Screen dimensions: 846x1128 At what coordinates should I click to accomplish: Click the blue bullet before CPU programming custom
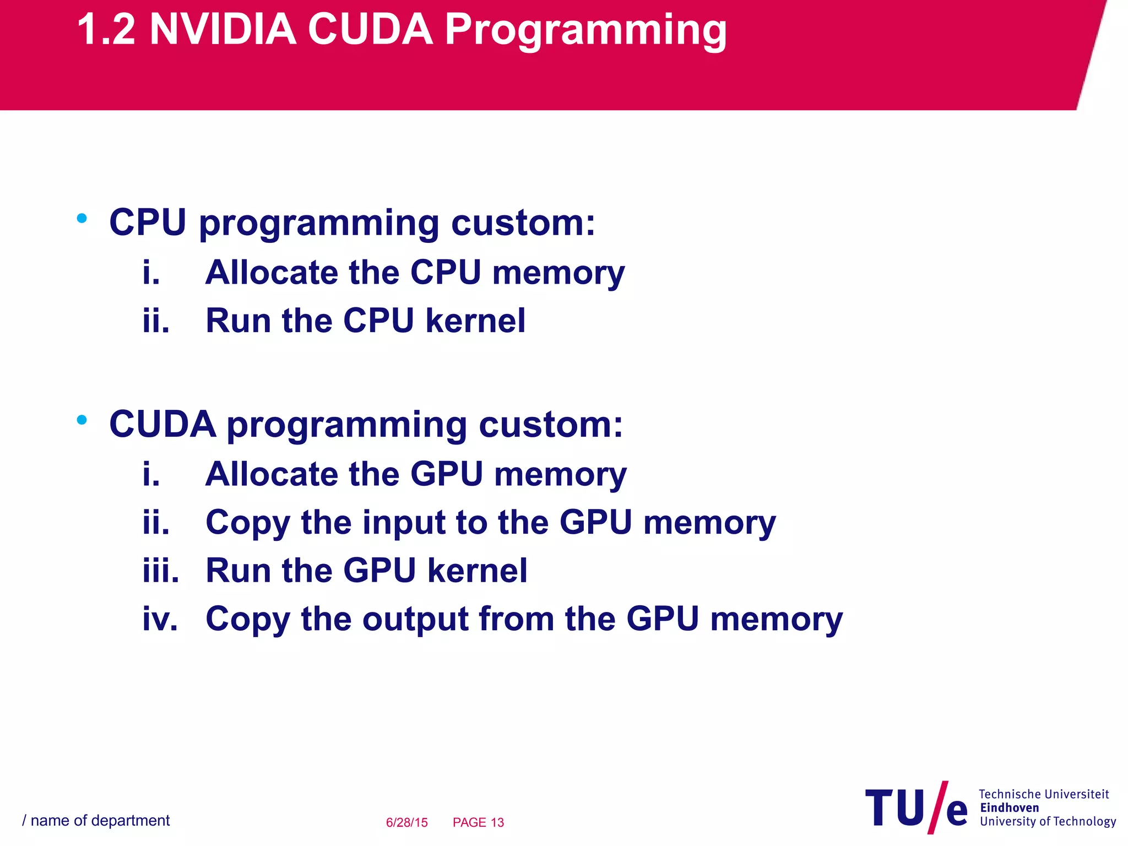(x=82, y=219)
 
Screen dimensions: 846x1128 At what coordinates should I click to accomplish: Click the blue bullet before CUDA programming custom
(x=82, y=420)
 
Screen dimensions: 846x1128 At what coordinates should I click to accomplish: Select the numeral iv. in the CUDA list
(x=160, y=619)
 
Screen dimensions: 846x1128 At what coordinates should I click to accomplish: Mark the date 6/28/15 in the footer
(x=406, y=822)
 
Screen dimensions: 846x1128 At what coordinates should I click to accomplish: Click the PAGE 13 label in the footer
(x=478, y=822)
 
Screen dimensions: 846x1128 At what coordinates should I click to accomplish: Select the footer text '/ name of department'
(x=96, y=821)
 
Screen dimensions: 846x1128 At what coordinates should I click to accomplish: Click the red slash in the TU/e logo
(x=938, y=807)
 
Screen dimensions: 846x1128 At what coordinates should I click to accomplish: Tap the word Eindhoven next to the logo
(x=1009, y=808)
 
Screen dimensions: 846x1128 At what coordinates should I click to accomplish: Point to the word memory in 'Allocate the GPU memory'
(x=560, y=474)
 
